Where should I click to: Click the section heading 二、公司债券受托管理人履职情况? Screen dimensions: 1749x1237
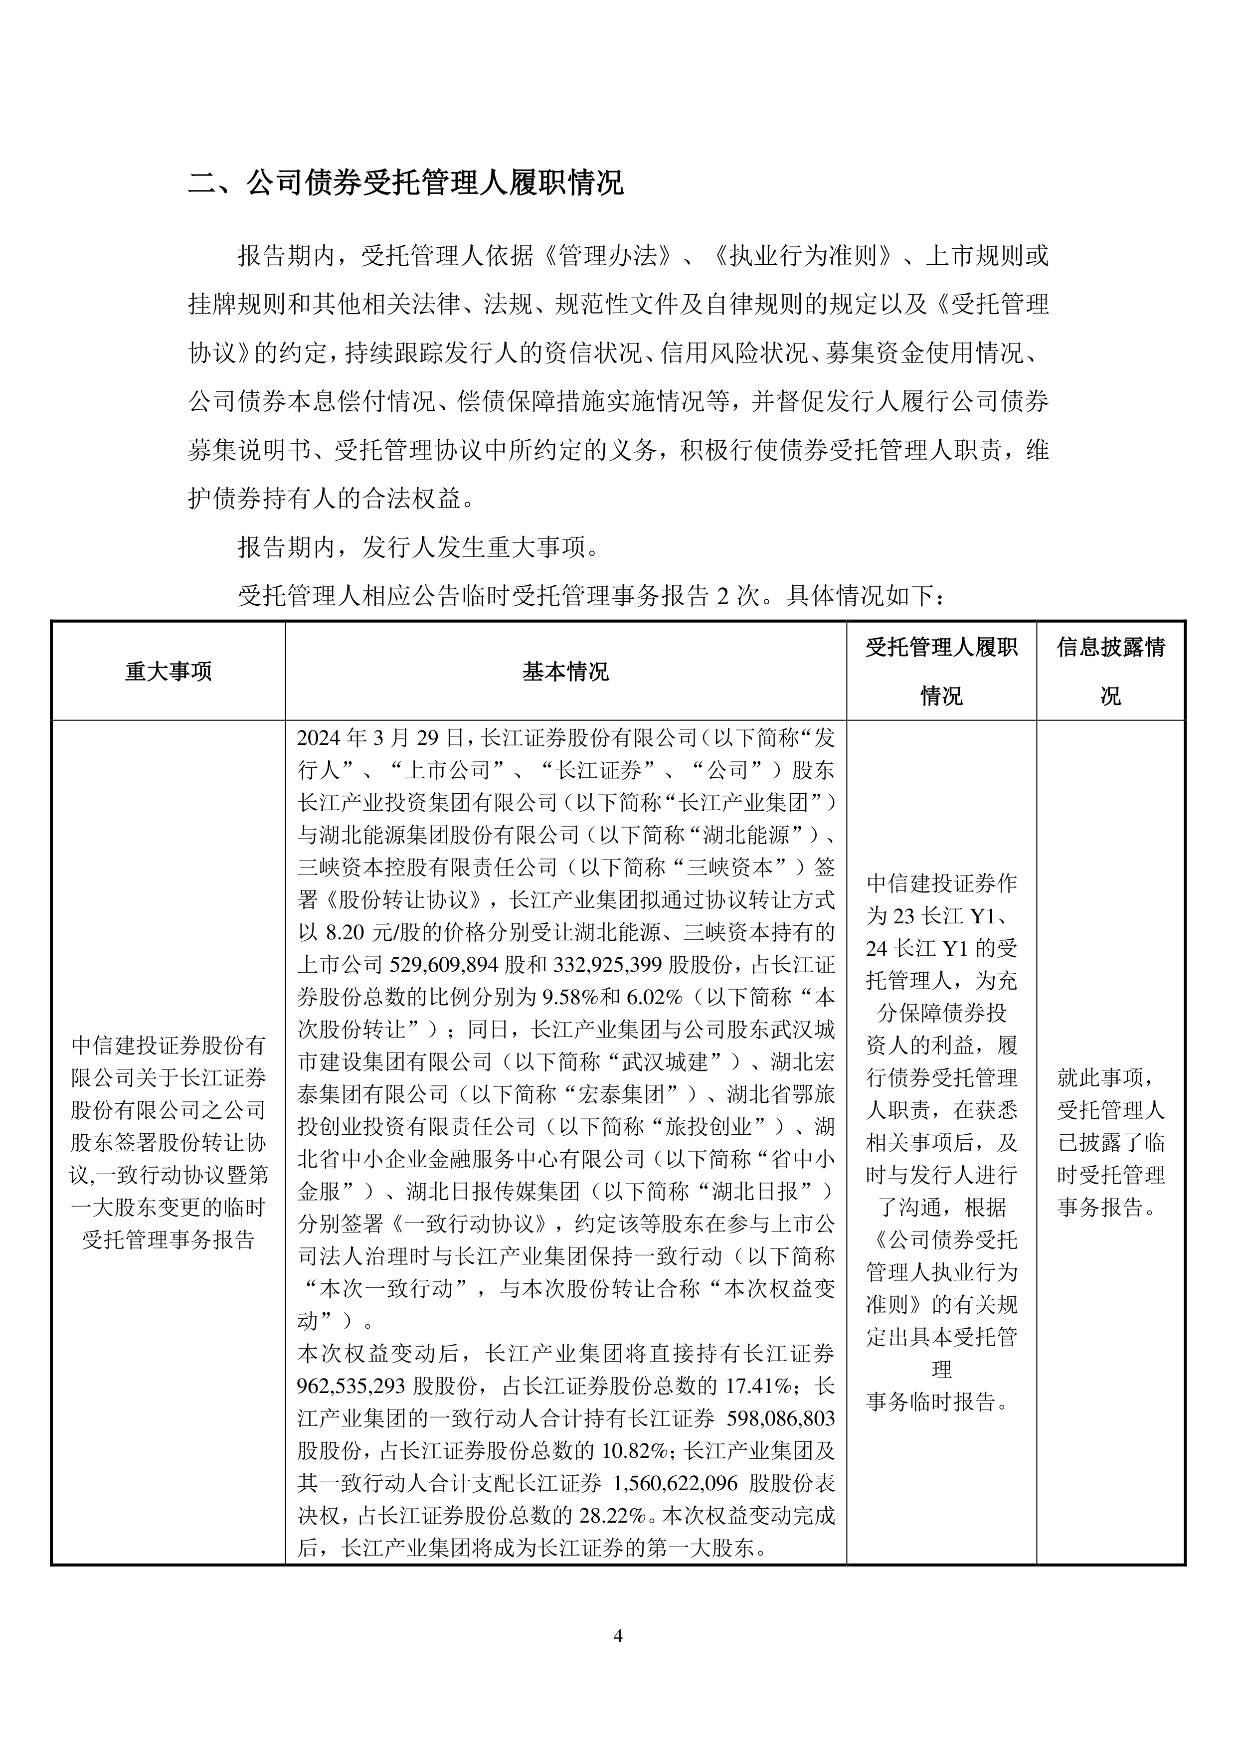tap(406, 183)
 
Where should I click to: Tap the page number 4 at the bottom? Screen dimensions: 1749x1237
tap(618, 1635)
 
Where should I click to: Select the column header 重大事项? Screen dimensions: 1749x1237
tap(169, 671)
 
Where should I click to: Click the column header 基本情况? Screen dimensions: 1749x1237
tap(565, 671)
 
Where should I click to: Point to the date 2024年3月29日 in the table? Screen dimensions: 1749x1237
tap(380, 737)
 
